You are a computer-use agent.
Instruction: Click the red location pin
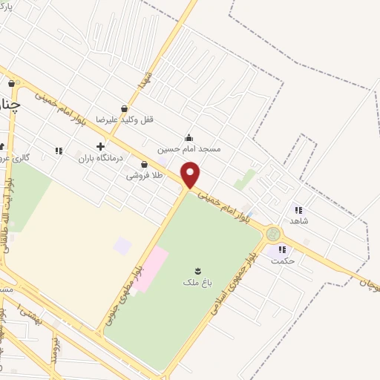coord(191,174)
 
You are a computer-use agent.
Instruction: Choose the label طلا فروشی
coord(144,175)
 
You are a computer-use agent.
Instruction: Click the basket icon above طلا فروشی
coord(144,164)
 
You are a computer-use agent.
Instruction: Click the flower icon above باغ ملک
coord(197,271)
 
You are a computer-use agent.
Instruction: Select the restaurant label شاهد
coord(300,220)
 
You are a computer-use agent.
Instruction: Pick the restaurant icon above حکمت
coord(282,249)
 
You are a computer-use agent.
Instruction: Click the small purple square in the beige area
coord(122,245)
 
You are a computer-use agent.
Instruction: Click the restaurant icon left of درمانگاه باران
coord(59,151)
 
